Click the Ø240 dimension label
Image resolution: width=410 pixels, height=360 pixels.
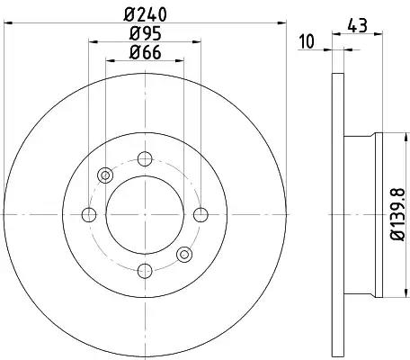[145, 14]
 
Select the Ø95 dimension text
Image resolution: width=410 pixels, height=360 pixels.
[145, 33]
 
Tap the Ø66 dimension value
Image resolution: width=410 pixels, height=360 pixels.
[145, 52]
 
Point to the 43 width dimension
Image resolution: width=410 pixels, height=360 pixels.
[357, 25]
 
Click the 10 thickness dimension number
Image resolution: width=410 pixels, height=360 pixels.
[307, 41]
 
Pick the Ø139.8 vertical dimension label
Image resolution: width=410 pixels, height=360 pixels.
[398, 214]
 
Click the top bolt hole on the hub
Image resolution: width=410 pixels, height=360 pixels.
[145, 158]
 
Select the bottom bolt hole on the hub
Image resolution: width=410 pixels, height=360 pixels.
[145, 271]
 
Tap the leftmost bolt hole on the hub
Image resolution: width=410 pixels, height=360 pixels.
[89, 215]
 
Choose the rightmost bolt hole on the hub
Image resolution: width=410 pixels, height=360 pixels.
[201, 215]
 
